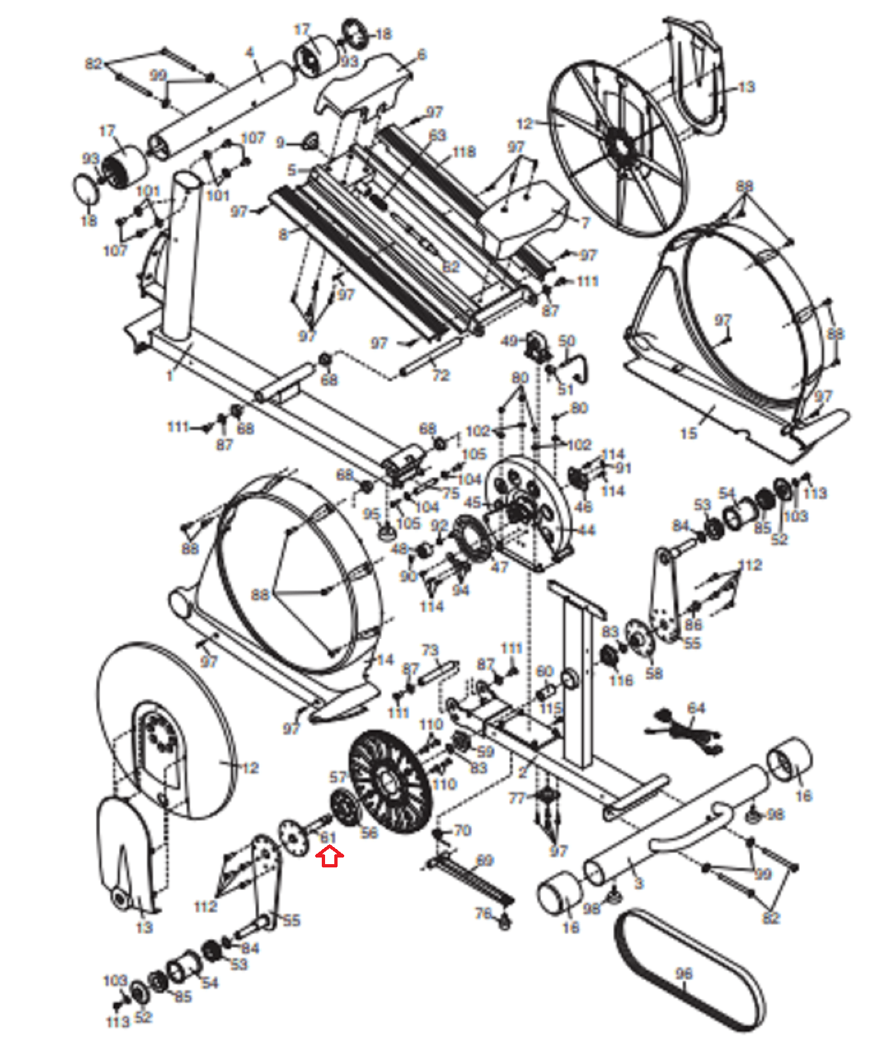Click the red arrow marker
pyautogui.click(x=330, y=856)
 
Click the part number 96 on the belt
pyautogui.click(x=684, y=973)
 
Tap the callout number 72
pyautogui.click(x=441, y=375)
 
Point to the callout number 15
pyautogui.click(x=688, y=433)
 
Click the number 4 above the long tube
pyautogui.click(x=249, y=53)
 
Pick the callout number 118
pyautogui.click(x=464, y=152)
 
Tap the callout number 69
pyautogui.click(x=484, y=860)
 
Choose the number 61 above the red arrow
pyautogui.click(x=328, y=838)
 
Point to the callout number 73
pyautogui.click(x=430, y=650)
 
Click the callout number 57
pyautogui.click(x=338, y=778)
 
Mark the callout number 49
pyautogui.click(x=509, y=341)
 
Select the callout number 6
pyautogui.click(x=422, y=55)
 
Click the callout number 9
pyautogui.click(x=280, y=142)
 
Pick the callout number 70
pyautogui.click(x=463, y=831)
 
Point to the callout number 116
pyautogui.click(x=621, y=681)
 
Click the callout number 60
pyautogui.click(x=545, y=671)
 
